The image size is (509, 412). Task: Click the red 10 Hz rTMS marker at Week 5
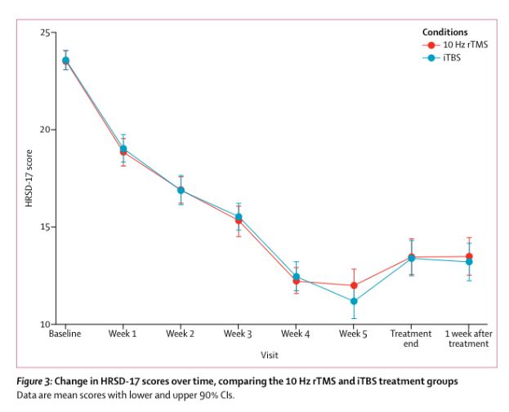pos(354,286)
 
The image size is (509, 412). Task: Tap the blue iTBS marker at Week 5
pos(354,301)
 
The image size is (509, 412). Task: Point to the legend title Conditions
pos(445,32)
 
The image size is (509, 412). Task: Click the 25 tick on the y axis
pos(47,33)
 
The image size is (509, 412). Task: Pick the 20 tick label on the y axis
pos(47,130)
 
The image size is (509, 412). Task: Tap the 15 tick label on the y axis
pos(47,227)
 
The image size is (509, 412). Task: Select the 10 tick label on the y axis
pos(47,324)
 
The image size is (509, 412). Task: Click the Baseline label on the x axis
pos(65,334)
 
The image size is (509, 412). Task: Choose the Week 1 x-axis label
pos(123,334)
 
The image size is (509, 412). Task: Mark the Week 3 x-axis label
pos(238,334)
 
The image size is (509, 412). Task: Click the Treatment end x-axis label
pos(411,339)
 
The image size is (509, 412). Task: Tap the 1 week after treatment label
pos(468,339)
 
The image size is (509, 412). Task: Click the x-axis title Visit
pos(269,355)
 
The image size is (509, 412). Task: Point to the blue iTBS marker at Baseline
pos(65,60)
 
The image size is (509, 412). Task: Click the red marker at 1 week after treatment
pos(469,256)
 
